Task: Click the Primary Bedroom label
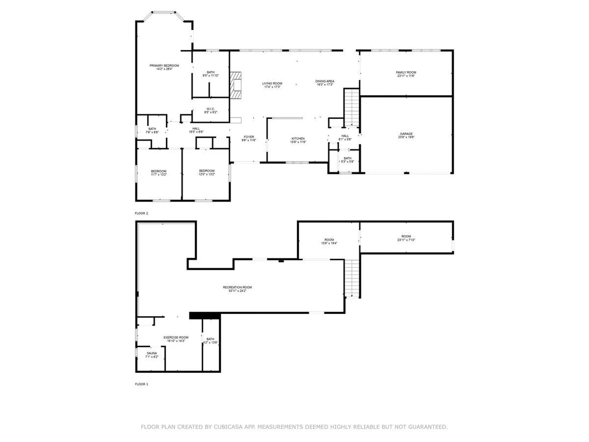[164, 66]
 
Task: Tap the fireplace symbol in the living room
[236, 85]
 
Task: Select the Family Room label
[406, 72]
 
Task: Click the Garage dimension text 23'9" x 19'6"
[406, 137]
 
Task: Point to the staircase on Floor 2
[352, 107]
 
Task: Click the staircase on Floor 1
[352, 277]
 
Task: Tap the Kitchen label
[298, 139]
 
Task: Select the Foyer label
[249, 137]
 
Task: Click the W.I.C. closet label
[210, 109]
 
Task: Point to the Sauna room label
[152, 353]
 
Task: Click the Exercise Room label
[176, 337]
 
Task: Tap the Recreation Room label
[237, 287]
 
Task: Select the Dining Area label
[325, 81]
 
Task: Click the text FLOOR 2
[141, 213]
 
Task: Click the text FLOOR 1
[141, 384]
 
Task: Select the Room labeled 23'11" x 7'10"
[406, 238]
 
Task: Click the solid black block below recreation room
[205, 316]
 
